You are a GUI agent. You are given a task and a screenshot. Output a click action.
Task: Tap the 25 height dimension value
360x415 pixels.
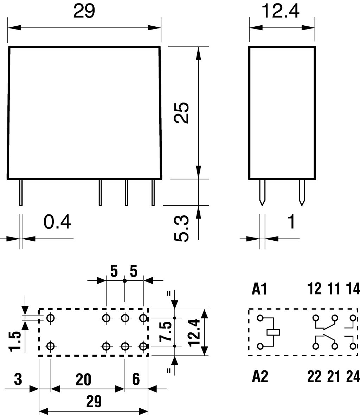tap(182, 112)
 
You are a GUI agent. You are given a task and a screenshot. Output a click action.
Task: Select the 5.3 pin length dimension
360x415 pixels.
tap(182, 229)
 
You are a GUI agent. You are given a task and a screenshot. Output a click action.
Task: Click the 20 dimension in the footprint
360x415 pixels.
tap(83, 380)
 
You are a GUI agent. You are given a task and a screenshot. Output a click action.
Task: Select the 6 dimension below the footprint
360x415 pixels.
tap(136, 380)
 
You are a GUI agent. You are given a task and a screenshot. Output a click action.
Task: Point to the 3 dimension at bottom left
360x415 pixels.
tap(18, 380)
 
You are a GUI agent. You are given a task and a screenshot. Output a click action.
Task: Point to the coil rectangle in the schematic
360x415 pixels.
tap(274, 332)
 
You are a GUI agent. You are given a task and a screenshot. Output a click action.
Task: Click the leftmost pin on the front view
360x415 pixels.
tap(21, 192)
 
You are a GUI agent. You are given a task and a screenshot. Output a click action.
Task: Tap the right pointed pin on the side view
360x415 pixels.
tap(301, 193)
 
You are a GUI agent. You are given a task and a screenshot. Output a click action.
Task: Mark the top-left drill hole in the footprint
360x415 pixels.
tap(51, 318)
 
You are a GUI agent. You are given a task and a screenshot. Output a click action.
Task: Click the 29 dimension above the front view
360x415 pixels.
tap(84, 12)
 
